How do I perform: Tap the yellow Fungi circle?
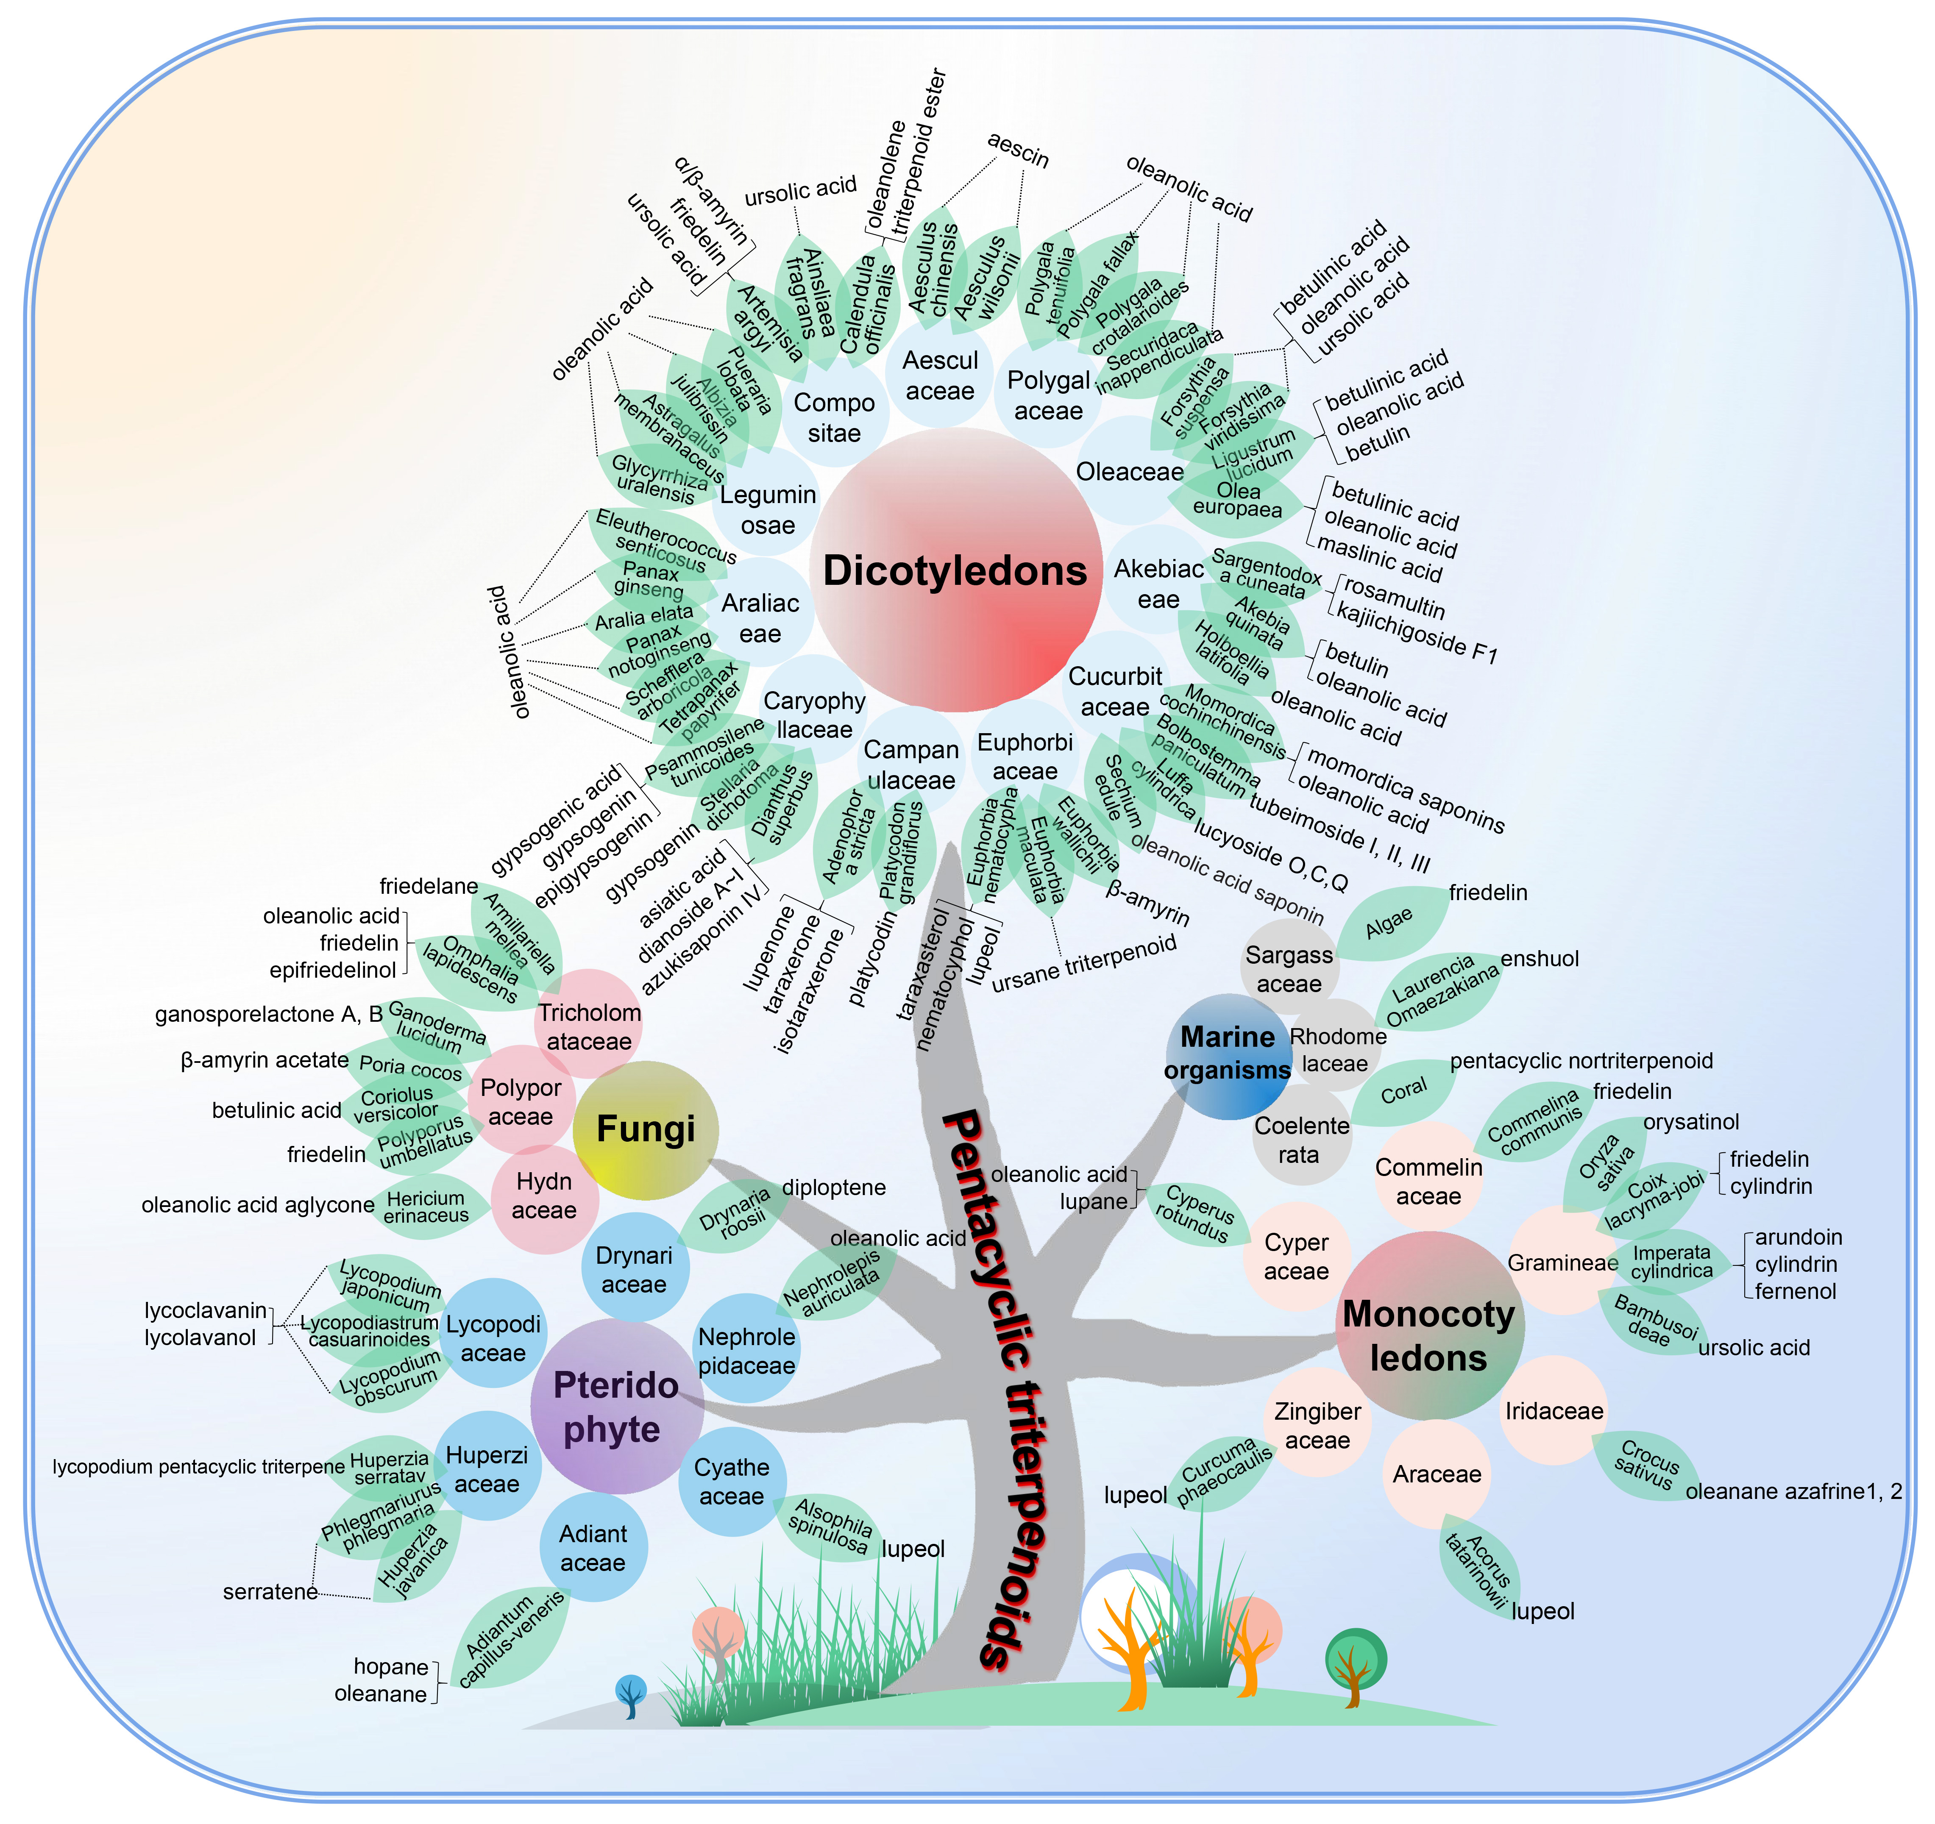(645, 1129)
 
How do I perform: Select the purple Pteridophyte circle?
(616, 1407)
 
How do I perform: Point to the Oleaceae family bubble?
(1129, 471)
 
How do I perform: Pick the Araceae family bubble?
(1437, 1474)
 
